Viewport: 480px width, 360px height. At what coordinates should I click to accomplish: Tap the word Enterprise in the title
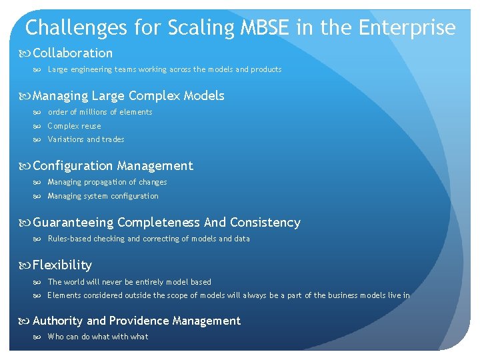407,28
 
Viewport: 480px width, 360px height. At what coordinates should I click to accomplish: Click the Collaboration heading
73,53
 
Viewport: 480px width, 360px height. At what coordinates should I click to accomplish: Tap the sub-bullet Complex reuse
74,126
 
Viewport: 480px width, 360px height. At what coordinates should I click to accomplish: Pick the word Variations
65,139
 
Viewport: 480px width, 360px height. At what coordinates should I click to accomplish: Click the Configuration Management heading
113,166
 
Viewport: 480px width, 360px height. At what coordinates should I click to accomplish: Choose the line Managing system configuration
103,196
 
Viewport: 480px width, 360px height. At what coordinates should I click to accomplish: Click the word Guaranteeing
73,223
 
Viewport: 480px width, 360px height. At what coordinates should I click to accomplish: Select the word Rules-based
69,239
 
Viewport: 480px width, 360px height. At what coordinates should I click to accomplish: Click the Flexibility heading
62,265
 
